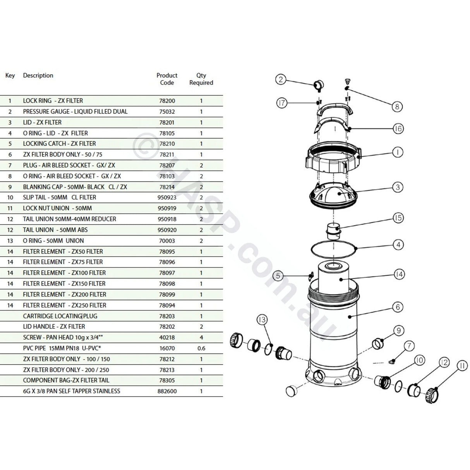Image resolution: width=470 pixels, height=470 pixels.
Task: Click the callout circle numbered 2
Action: coord(281,80)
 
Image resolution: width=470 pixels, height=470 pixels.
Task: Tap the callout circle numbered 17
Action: coord(282,103)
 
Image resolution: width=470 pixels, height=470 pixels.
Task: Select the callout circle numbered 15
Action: coord(398,218)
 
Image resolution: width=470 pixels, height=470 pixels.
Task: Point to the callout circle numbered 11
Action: coord(462,364)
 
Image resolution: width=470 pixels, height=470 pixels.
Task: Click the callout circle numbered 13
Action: coord(262,319)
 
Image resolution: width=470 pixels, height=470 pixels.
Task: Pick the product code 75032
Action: coord(167,111)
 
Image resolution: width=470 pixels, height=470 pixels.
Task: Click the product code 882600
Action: coord(167,391)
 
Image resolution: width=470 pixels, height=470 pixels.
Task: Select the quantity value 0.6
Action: coord(201,348)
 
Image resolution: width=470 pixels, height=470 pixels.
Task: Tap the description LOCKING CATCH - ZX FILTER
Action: coord(59,144)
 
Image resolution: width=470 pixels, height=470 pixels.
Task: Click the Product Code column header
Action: coord(167,79)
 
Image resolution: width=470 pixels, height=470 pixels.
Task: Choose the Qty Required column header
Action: coord(201,79)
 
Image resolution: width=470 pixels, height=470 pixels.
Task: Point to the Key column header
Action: coord(10,75)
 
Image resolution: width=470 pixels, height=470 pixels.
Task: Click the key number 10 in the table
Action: coord(10,197)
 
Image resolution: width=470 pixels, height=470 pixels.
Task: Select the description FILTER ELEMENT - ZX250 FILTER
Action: coord(64,305)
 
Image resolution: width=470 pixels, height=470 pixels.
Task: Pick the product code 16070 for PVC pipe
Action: coord(167,348)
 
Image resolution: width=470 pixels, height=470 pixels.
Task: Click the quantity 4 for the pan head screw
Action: coord(201,337)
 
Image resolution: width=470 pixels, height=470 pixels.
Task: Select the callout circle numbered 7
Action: coord(409,346)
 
